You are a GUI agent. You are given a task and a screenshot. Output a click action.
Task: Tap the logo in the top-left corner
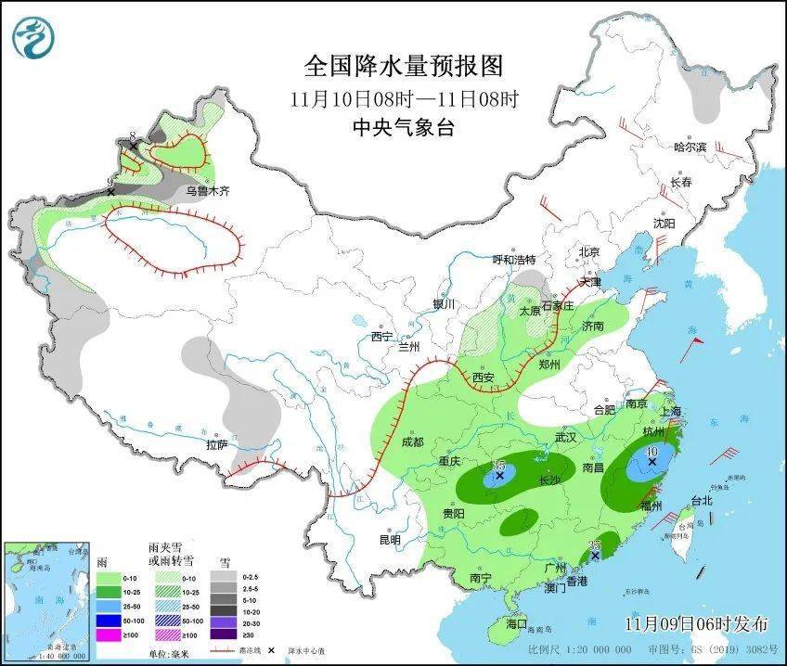coord(33,37)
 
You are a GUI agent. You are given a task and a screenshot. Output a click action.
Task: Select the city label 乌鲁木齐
coord(205,192)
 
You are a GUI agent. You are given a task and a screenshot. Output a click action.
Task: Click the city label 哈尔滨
coord(690,147)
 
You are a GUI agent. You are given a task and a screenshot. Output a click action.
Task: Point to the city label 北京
coord(589,251)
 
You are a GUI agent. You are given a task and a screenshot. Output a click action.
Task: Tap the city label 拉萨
coord(215,444)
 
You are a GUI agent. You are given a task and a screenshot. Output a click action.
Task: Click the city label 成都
coord(411,442)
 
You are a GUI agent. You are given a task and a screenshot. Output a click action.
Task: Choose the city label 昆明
coord(389,540)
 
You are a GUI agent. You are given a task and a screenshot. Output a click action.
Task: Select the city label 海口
coord(515,624)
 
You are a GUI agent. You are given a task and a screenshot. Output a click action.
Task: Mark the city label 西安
coord(483,378)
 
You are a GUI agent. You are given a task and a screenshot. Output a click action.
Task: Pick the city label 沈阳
coord(664,224)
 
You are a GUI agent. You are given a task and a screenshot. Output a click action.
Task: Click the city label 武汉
coord(565,436)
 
